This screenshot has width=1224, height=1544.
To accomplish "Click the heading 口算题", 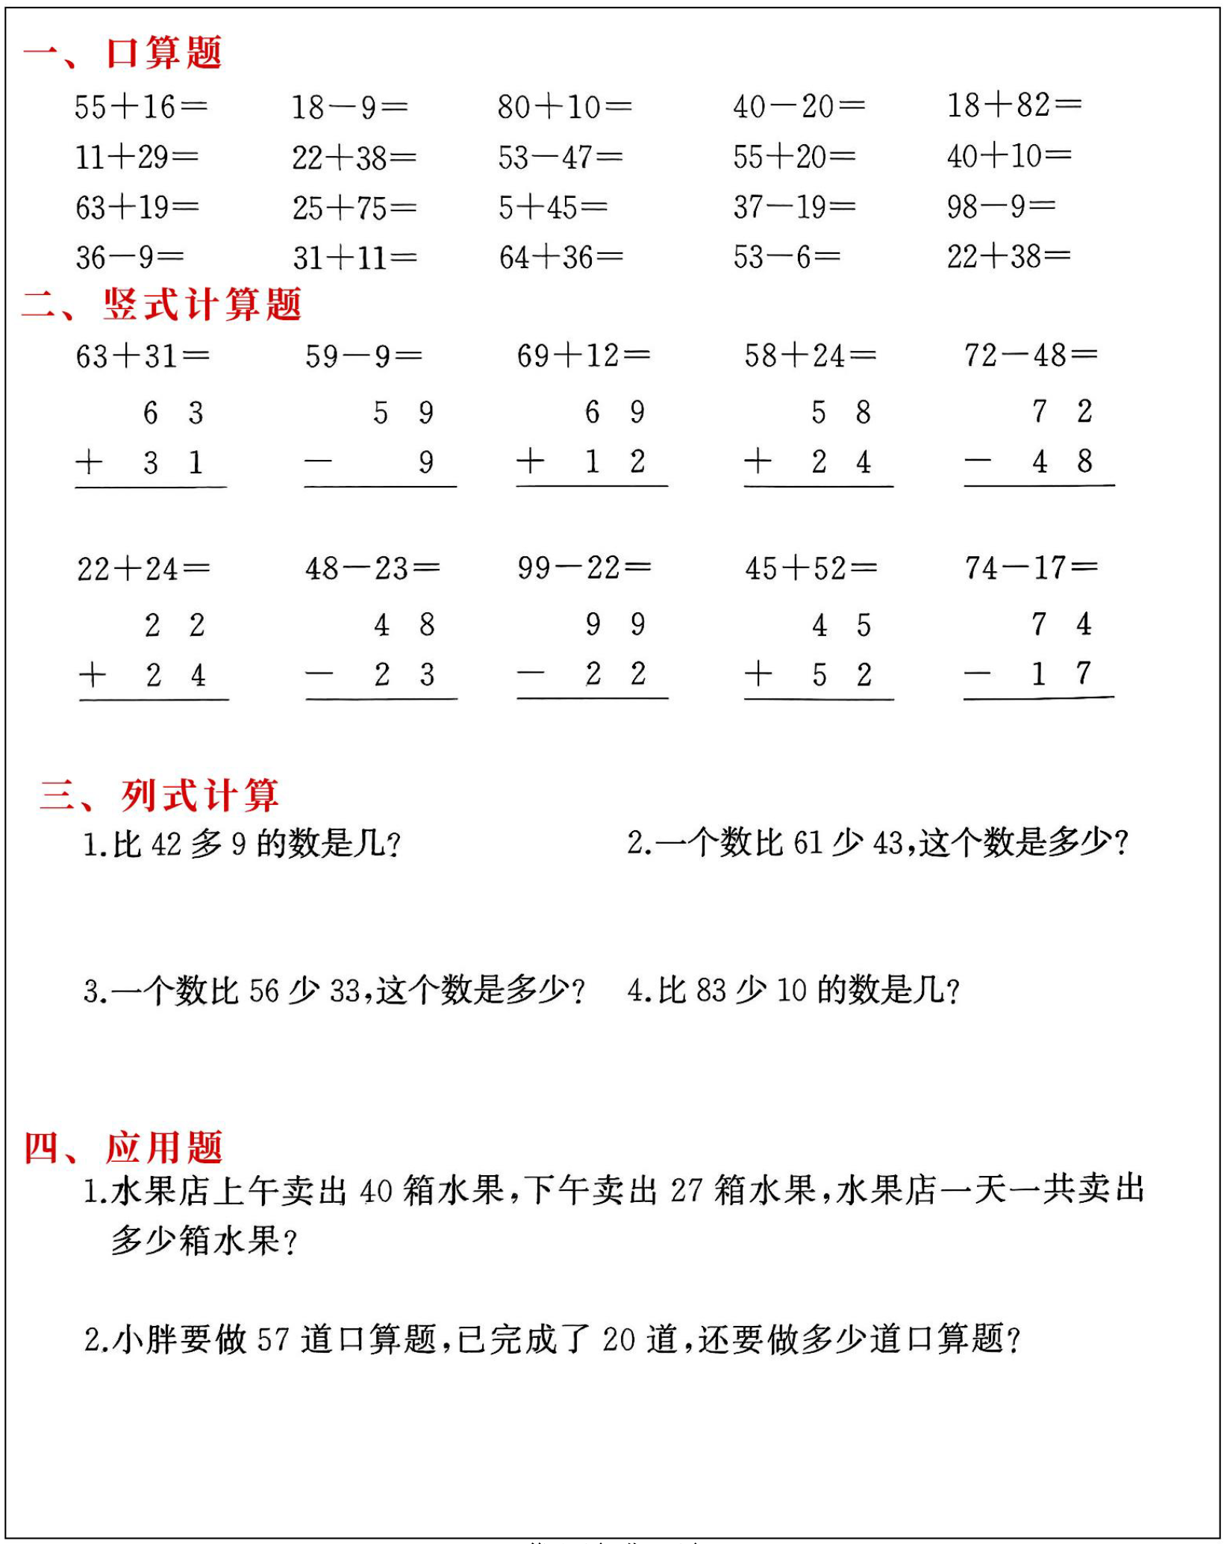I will [x=163, y=53].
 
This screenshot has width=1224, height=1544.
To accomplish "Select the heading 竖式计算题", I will [x=202, y=305].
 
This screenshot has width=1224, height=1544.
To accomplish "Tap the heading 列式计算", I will [x=200, y=794].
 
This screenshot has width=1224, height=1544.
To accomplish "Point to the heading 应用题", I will [x=164, y=1148].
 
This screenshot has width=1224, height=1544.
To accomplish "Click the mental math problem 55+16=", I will [x=140, y=107].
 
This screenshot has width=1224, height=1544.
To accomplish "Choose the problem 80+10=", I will [x=564, y=107].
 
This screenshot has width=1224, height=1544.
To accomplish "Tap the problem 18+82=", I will [x=1014, y=105].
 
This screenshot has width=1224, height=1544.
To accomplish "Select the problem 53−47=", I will [x=560, y=157].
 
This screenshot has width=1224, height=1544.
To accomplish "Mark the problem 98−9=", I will [x=1000, y=206].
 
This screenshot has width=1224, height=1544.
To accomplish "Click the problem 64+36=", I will [x=561, y=258].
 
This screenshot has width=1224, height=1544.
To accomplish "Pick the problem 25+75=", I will [x=354, y=208].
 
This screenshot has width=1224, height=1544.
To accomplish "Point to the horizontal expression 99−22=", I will [x=584, y=567].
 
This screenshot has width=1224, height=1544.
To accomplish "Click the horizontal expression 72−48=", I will [x=1030, y=355].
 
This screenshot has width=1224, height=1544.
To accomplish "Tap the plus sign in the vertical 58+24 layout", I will [x=758, y=461].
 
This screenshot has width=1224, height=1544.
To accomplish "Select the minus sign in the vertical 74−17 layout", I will [x=977, y=674].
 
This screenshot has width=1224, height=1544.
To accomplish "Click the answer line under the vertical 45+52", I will [x=819, y=700].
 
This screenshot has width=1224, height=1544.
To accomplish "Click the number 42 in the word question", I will [x=166, y=844].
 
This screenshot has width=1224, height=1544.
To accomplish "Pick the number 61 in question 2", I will [x=808, y=843].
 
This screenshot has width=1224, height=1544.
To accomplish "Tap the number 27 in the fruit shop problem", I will [x=687, y=1191].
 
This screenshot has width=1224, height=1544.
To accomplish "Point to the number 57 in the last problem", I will [x=273, y=1339].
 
